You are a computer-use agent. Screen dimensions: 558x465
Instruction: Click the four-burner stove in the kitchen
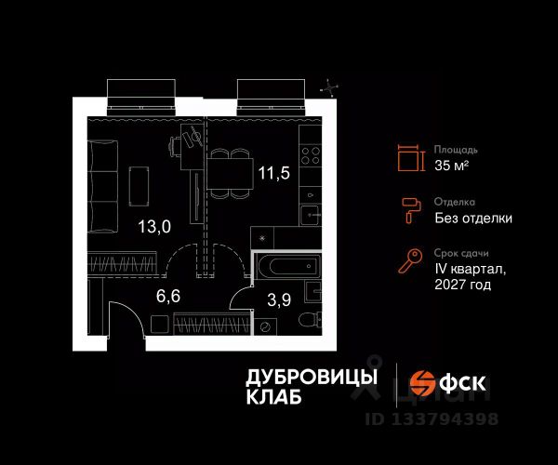click(x=310, y=153)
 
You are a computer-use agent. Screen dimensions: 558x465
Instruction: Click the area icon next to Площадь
click(x=407, y=158)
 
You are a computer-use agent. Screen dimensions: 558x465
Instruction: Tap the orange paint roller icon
click(x=407, y=210)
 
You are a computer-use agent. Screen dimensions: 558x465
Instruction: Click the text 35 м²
click(x=452, y=166)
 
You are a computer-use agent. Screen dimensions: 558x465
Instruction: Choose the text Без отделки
click(x=472, y=219)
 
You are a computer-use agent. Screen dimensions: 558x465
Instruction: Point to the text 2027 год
click(x=462, y=285)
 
